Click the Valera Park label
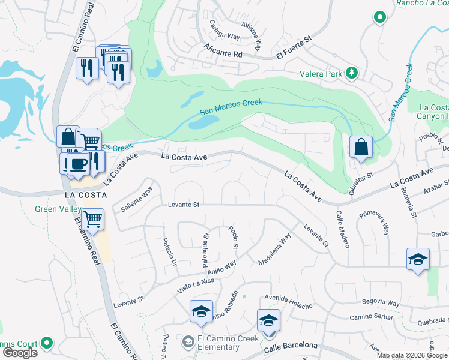(321, 74)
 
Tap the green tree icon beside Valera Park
(351, 74)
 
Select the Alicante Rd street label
(222, 53)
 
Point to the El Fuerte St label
(295, 47)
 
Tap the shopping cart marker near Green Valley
(93, 220)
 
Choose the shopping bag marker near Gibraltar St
(361, 147)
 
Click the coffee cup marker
(77, 163)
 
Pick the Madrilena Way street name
(274, 250)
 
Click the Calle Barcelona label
(289, 345)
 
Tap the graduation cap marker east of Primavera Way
(418, 259)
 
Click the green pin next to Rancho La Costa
(379, 17)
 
